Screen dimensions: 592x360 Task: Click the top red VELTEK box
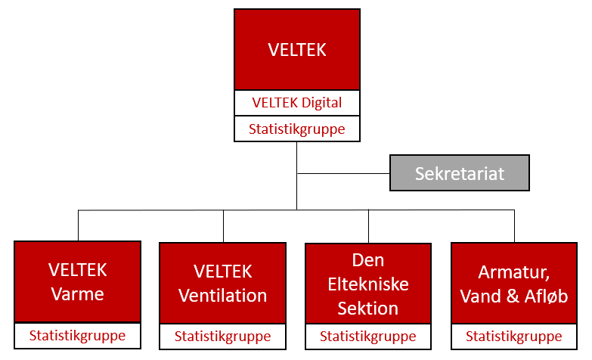tap(296, 49)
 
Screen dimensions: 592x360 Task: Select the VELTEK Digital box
tap(296, 103)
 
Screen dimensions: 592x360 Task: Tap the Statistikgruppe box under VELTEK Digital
tap(296, 129)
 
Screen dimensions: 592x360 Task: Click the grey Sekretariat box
tap(460, 173)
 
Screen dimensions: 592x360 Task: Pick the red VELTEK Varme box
tap(77, 282)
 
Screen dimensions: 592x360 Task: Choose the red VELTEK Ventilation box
tap(223, 284)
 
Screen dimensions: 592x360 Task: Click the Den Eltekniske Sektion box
tap(368, 284)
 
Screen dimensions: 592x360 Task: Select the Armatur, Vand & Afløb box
tap(514, 284)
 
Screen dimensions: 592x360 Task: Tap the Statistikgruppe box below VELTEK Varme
tap(77, 336)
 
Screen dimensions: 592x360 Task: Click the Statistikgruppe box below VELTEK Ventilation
tap(223, 337)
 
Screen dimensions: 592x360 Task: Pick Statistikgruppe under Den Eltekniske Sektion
tap(368, 337)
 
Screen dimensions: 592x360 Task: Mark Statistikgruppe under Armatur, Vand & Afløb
tap(514, 337)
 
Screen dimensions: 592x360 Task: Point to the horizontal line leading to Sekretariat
tap(343, 173)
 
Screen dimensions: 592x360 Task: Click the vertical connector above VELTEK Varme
tap(78, 225)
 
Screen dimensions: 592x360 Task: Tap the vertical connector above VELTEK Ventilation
tap(224, 226)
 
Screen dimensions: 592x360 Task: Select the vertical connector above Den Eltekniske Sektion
tap(368, 226)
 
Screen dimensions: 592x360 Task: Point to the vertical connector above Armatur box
tap(514, 226)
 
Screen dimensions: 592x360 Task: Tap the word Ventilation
tap(223, 296)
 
